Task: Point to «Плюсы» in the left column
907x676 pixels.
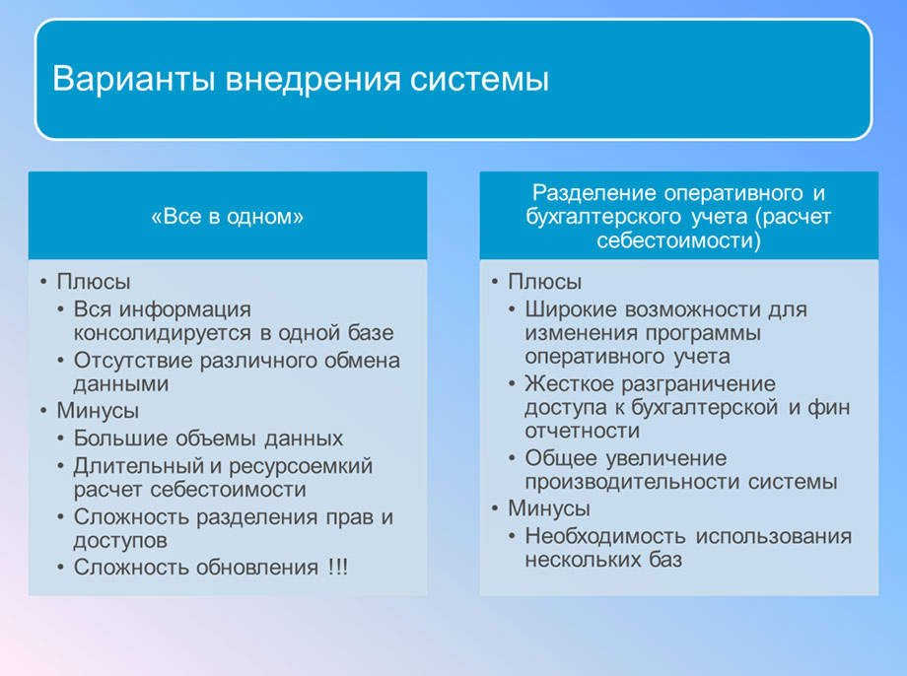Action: pyautogui.click(x=94, y=282)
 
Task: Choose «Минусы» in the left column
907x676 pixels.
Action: pyautogui.click(x=99, y=410)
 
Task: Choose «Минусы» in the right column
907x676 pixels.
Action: pyautogui.click(x=549, y=509)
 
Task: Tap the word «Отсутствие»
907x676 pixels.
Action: pyautogui.click(x=132, y=361)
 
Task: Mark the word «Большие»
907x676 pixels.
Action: pyautogui.click(x=114, y=439)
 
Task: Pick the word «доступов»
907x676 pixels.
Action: pyautogui.click(x=119, y=541)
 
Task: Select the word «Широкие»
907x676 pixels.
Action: pyautogui.click(x=571, y=309)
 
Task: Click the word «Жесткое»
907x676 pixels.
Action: pyautogui.click(x=569, y=383)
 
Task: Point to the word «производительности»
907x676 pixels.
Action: pyautogui.click(x=632, y=482)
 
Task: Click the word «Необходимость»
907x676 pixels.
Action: pyautogui.click(x=605, y=537)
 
